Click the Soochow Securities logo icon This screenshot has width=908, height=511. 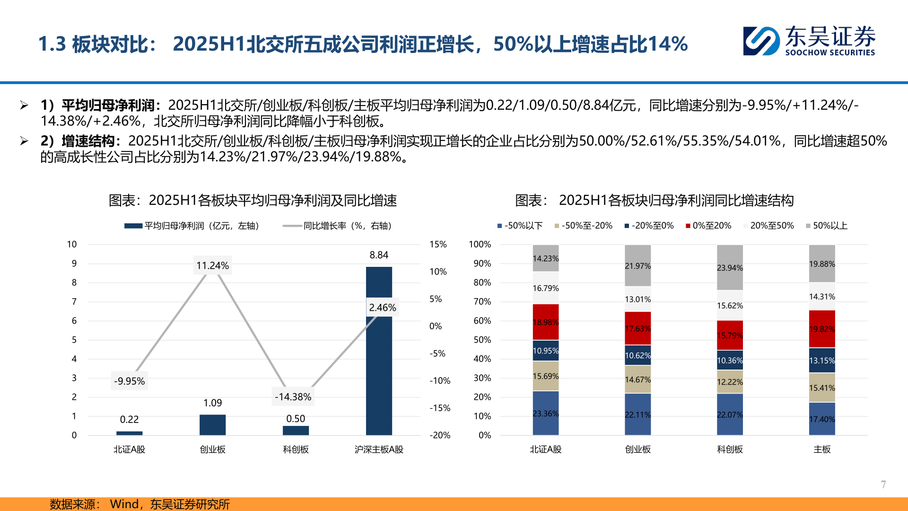[x=761, y=41]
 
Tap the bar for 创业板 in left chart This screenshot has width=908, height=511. [x=212, y=424]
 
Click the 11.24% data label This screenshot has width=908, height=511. [x=212, y=265]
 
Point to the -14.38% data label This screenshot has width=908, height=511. [x=293, y=396]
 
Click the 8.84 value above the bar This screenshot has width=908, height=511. [x=379, y=255]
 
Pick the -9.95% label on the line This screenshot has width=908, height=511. [x=129, y=381]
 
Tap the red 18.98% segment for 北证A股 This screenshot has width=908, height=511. [x=545, y=322]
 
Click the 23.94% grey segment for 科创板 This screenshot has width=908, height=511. [x=730, y=267]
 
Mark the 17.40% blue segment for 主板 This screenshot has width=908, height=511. [x=821, y=419]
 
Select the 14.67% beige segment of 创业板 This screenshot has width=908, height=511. [x=637, y=379]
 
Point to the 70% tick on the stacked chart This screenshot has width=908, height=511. [x=482, y=301]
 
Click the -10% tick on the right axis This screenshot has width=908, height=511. [x=439, y=380]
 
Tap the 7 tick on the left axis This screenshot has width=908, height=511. [x=74, y=301]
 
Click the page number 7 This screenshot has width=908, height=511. [x=883, y=484]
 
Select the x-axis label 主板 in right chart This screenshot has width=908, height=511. [x=821, y=449]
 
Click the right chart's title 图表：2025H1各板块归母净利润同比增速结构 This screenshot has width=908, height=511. [x=654, y=200]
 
